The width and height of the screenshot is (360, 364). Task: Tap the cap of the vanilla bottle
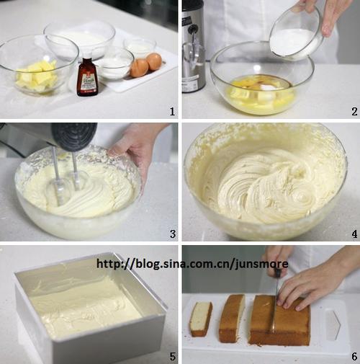click(x=87, y=61)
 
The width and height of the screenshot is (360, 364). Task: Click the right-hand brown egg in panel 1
click(x=154, y=61)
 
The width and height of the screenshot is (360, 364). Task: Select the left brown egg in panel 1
click(x=139, y=68)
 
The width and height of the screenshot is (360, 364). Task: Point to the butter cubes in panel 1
click(x=37, y=76)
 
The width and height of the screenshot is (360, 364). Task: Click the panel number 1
click(x=172, y=112)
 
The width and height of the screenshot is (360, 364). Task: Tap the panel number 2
click(x=354, y=112)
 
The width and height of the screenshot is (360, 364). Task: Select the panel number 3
click(x=173, y=234)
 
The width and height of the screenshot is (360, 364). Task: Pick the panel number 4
click(x=354, y=234)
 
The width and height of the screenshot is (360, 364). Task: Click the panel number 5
click(x=173, y=356)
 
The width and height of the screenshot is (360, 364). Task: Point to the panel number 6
click(x=354, y=356)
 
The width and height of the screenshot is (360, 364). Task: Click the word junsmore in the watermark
click(x=261, y=264)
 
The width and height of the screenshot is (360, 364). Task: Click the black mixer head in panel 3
click(x=74, y=136)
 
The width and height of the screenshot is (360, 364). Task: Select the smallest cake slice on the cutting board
click(x=201, y=319)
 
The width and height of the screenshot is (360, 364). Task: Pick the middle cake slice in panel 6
click(x=232, y=318)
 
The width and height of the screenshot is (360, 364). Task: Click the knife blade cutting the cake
click(x=274, y=308)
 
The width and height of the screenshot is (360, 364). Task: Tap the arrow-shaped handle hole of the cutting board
click(x=333, y=325)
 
